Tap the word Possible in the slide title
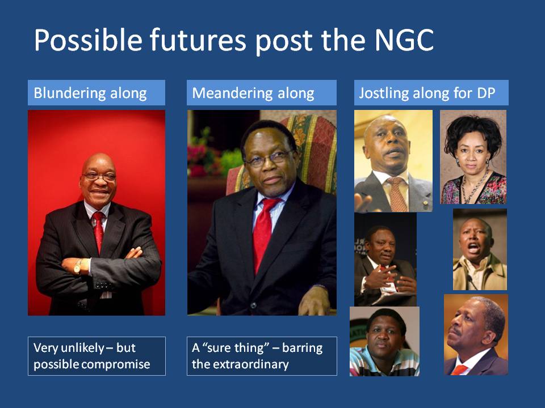point(89,40)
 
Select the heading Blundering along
point(90,93)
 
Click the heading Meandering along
point(253,93)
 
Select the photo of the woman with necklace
point(473,157)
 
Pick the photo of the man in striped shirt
point(384,341)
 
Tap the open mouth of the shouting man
point(473,248)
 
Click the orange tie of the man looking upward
point(459,370)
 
